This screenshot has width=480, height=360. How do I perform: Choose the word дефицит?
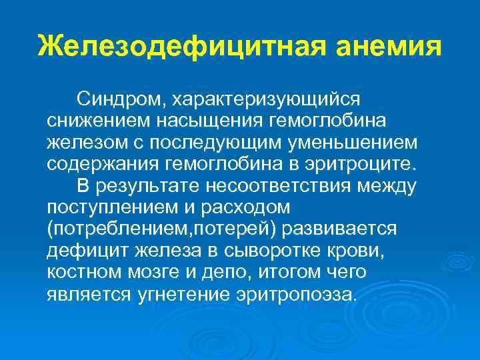coord(79,250)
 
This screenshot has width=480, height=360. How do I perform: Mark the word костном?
coord(81,271)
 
